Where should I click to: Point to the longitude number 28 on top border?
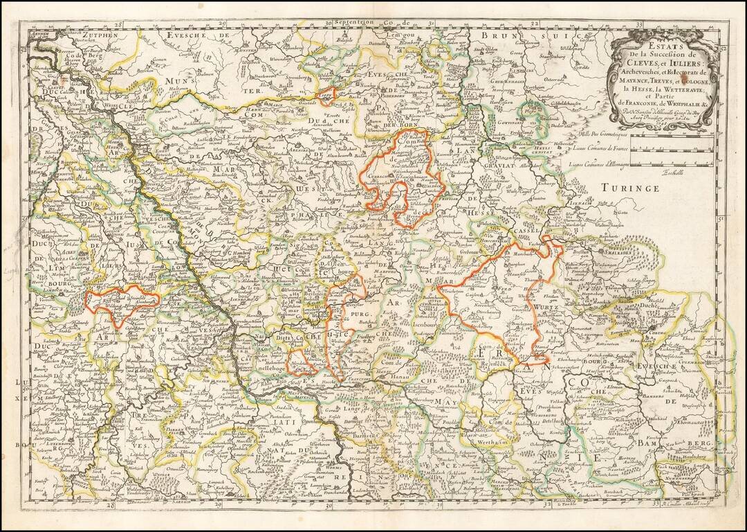point(118,24)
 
